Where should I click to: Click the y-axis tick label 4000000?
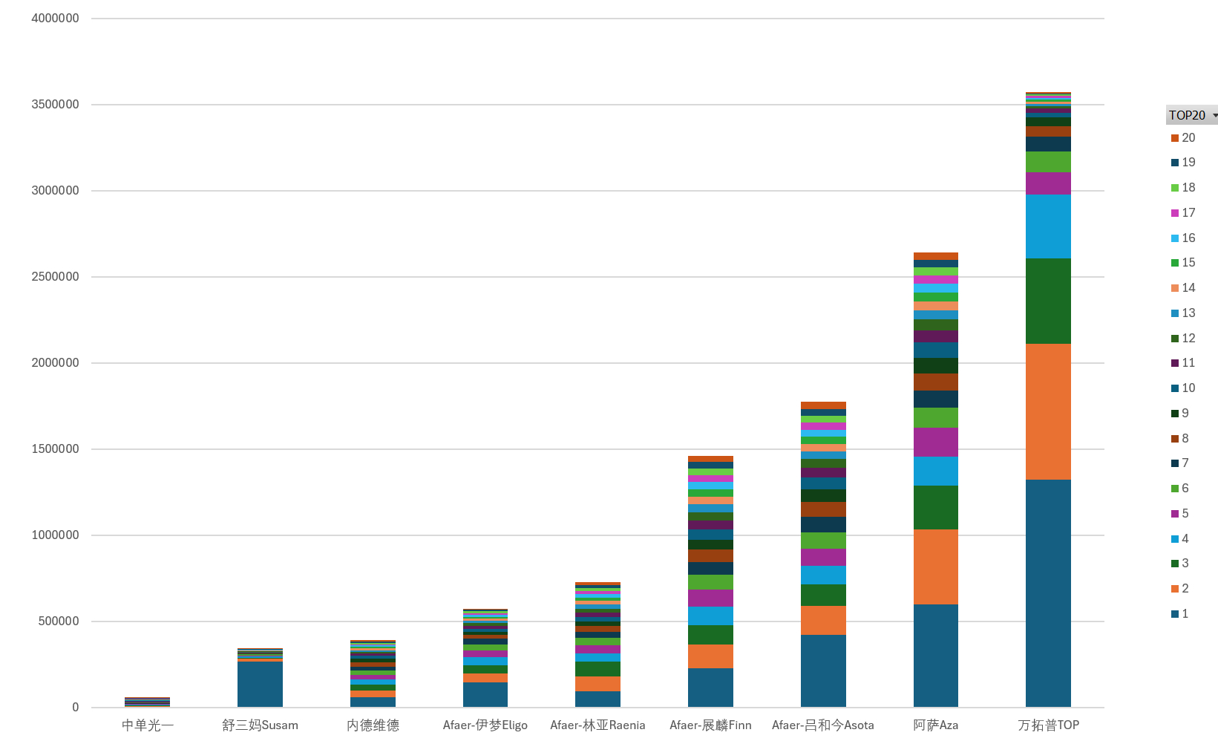click(55, 19)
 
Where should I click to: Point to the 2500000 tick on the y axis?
click(55, 277)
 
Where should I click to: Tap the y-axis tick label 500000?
click(59, 621)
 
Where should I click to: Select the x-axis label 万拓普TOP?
click(1048, 725)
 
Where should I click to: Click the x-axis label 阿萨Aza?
click(935, 725)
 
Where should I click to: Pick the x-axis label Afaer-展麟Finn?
click(710, 725)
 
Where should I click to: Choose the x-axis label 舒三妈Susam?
click(260, 725)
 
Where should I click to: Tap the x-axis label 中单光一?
click(147, 725)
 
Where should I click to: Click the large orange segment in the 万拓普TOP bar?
click(1048, 411)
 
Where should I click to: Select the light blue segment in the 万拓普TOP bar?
click(1048, 226)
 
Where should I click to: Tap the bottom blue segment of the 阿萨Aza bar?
click(935, 656)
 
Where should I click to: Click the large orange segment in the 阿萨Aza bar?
click(935, 567)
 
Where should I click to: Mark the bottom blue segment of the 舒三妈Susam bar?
click(260, 684)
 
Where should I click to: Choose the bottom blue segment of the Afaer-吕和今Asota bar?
click(823, 670)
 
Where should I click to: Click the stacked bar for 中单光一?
click(147, 702)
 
